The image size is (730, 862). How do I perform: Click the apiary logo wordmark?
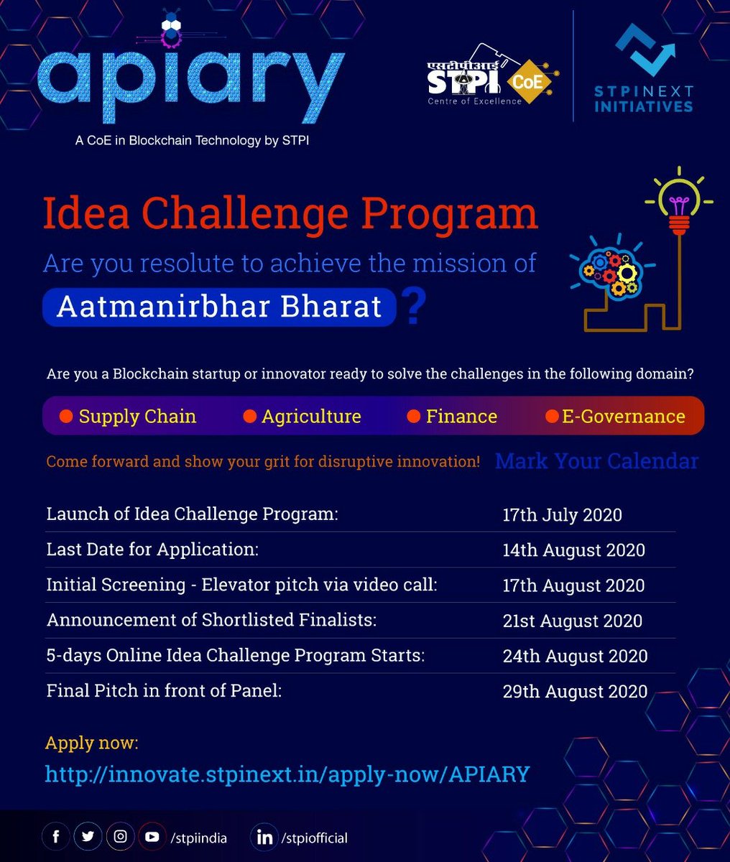(190, 83)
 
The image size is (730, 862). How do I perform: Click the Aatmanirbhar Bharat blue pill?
(219, 307)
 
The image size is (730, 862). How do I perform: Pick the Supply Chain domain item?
(128, 417)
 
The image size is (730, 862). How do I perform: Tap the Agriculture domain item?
(302, 417)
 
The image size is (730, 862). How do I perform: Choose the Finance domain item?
(452, 417)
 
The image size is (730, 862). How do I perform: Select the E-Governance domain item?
(615, 417)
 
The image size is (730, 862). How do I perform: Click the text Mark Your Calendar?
(596, 460)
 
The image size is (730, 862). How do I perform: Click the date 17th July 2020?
(562, 515)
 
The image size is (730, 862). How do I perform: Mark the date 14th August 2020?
(573, 550)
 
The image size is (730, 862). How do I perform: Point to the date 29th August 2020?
(575, 692)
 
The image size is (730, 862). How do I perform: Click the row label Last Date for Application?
(152, 550)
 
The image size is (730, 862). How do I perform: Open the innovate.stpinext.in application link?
(287, 774)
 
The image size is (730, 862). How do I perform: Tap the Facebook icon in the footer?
(55, 837)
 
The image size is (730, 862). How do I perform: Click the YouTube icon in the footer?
(152, 837)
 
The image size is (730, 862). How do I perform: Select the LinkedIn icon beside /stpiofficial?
(264, 838)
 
